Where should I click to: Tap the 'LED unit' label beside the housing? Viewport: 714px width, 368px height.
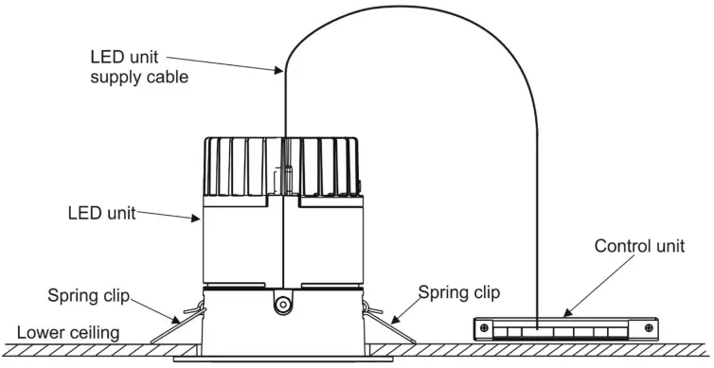coord(101,213)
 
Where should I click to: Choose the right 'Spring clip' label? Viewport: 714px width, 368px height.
coord(458,292)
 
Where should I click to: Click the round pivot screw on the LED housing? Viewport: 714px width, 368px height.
coord(281,304)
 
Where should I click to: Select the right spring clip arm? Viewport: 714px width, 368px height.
coord(379,318)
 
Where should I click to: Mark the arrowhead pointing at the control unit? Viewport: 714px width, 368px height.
coord(565,312)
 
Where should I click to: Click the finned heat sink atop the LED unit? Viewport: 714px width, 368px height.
coord(284,166)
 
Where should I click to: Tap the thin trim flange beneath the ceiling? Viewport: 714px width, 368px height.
coord(282,360)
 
